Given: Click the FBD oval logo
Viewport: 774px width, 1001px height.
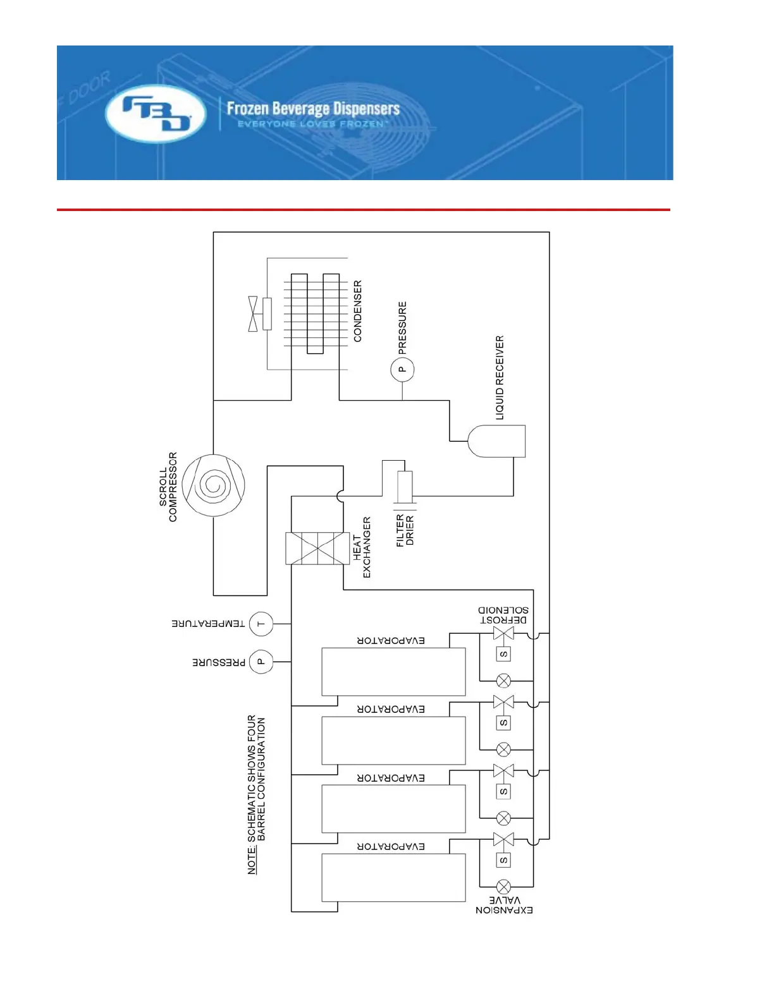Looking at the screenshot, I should pyautogui.click(x=156, y=114).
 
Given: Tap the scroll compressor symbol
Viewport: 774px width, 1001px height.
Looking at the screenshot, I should pyautogui.click(x=213, y=485).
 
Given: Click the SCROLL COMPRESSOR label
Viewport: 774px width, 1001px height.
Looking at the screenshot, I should pyautogui.click(x=168, y=487).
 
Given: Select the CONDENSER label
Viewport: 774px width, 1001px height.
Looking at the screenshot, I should pyautogui.click(x=358, y=311).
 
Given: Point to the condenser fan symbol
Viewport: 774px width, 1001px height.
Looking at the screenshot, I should pyautogui.click(x=253, y=313).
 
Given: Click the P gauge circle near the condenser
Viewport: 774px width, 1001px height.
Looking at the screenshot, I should pyautogui.click(x=402, y=369).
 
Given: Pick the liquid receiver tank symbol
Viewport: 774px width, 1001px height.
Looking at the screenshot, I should pyautogui.click(x=497, y=441).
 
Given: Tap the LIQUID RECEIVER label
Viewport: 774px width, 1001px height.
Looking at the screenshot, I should pyautogui.click(x=500, y=377).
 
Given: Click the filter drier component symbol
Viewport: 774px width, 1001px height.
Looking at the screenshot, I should pyautogui.click(x=405, y=486).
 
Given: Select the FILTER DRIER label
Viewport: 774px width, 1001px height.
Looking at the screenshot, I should pyautogui.click(x=405, y=530).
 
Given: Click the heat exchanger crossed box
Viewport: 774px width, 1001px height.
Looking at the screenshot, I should pyautogui.click(x=317, y=549).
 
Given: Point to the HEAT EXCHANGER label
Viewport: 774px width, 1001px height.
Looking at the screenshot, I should pyautogui.click(x=362, y=547).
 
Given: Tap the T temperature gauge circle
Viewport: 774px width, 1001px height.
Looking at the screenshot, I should pyautogui.click(x=261, y=624).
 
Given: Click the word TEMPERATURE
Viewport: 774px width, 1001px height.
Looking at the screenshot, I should pyautogui.click(x=208, y=624).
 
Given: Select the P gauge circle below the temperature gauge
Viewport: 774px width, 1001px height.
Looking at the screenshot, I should pyautogui.click(x=261, y=662).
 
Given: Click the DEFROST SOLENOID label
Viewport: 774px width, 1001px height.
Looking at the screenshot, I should pyautogui.click(x=503, y=615).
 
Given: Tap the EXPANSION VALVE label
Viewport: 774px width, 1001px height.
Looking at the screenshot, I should pyautogui.click(x=504, y=905).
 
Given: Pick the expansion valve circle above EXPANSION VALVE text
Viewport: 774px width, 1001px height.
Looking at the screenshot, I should pyautogui.click(x=503, y=887).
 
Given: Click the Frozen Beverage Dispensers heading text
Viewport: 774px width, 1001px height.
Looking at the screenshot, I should pyautogui.click(x=313, y=109).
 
